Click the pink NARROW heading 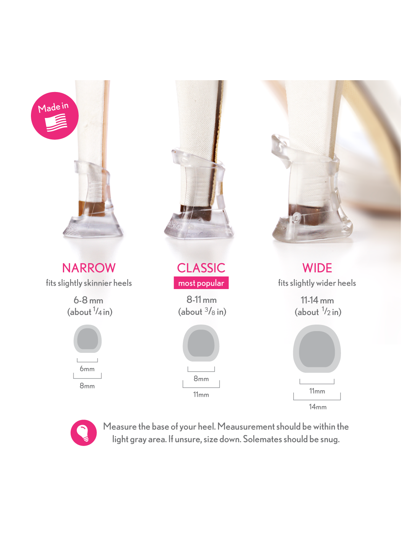click(89, 268)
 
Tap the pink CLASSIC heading click(201, 268)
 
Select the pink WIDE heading click(317, 268)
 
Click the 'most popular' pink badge click(201, 283)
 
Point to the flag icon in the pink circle click(56, 123)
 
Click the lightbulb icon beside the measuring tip click(84, 433)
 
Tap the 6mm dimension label click(87, 369)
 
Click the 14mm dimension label click(318, 407)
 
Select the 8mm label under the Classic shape click(201, 378)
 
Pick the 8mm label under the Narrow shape click(87, 386)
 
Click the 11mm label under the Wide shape click(317, 391)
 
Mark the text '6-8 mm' click(89, 300)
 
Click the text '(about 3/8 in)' click(202, 312)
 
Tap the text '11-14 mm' click(317, 300)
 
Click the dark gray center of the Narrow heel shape click(87, 339)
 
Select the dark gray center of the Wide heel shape click(317, 349)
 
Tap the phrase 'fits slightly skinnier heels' click(89, 283)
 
